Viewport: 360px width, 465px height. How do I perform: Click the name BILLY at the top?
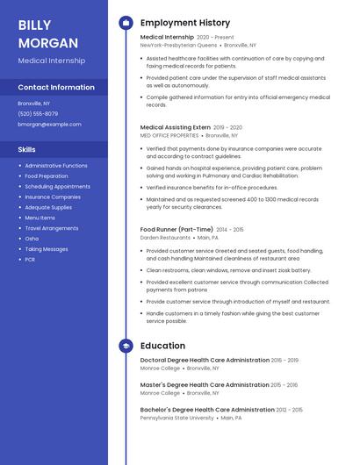34,25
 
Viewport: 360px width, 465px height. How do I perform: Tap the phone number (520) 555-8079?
38,113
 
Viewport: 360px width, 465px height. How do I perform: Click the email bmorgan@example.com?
49,125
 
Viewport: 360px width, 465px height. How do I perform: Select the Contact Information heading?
56,88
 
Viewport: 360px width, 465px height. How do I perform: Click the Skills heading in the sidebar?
27,149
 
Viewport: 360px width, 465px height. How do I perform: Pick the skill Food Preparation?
47,175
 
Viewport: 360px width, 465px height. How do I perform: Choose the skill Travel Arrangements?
52,228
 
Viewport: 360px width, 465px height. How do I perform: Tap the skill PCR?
30,260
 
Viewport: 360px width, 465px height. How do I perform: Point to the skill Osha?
32,239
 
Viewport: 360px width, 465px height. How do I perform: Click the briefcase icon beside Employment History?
126,23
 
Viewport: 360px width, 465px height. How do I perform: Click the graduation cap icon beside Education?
126,346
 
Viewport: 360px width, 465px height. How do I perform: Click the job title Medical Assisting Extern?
176,127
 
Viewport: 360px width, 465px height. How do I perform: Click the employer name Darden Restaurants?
165,238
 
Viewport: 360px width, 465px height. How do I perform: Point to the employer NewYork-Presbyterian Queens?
179,45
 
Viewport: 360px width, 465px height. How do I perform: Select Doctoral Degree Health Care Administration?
205,360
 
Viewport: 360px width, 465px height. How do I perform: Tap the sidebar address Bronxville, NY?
33,103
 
